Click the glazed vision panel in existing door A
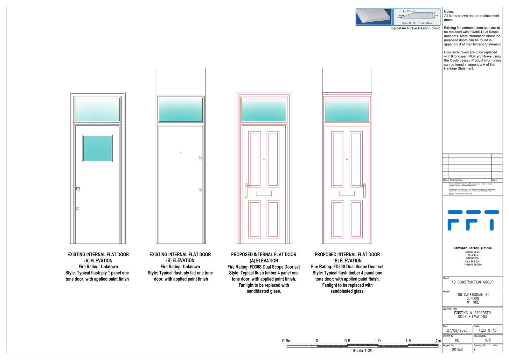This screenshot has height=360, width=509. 97,149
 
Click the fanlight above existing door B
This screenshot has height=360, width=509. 180,109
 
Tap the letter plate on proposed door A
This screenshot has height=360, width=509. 264,193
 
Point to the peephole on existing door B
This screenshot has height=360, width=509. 181,152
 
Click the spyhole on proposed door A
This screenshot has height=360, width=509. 264,159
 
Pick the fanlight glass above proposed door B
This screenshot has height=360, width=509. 347,110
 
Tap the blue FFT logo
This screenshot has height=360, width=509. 473,220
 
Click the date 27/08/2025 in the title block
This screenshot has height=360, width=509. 457,330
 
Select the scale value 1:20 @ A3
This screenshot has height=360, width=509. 487,330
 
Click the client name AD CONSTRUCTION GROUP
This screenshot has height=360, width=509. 472,282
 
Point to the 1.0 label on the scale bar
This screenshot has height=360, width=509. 378,341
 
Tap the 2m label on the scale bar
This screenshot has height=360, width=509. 438,341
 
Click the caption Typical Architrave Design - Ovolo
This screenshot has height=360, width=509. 415,28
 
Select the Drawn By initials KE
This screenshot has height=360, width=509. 457,340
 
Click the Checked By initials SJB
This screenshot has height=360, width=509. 488,340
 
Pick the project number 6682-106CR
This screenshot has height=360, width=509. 457,350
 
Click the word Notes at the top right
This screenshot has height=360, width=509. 449,12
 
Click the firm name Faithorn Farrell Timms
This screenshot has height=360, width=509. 472,248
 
